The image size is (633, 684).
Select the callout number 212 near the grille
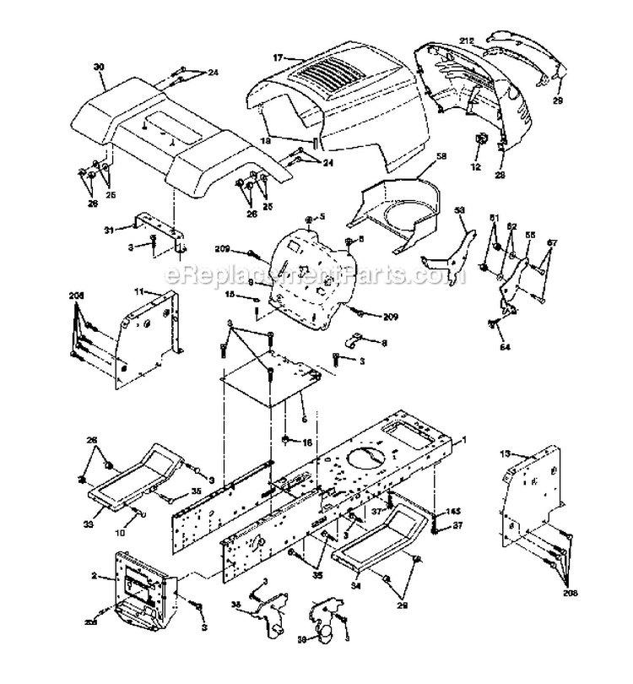coord(468,41)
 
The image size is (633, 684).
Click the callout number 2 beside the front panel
coord(105,577)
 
